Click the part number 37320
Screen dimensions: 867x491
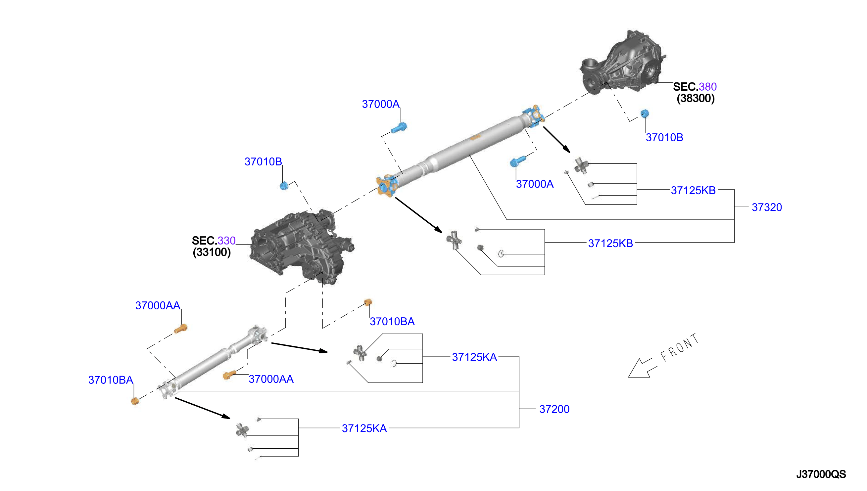pyautogui.click(x=766, y=207)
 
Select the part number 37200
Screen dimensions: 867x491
pyautogui.click(x=554, y=409)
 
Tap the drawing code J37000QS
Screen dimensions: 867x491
pyautogui.click(x=821, y=474)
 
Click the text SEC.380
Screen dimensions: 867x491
pyautogui.click(x=695, y=87)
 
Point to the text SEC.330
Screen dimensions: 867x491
pyautogui.click(x=214, y=241)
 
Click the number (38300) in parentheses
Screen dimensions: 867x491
pyautogui.click(x=696, y=99)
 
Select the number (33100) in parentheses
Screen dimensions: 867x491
pyautogui.click(x=212, y=252)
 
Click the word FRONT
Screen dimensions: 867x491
pyautogui.click(x=679, y=347)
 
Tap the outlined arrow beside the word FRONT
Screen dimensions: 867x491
pyautogui.click(x=642, y=368)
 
